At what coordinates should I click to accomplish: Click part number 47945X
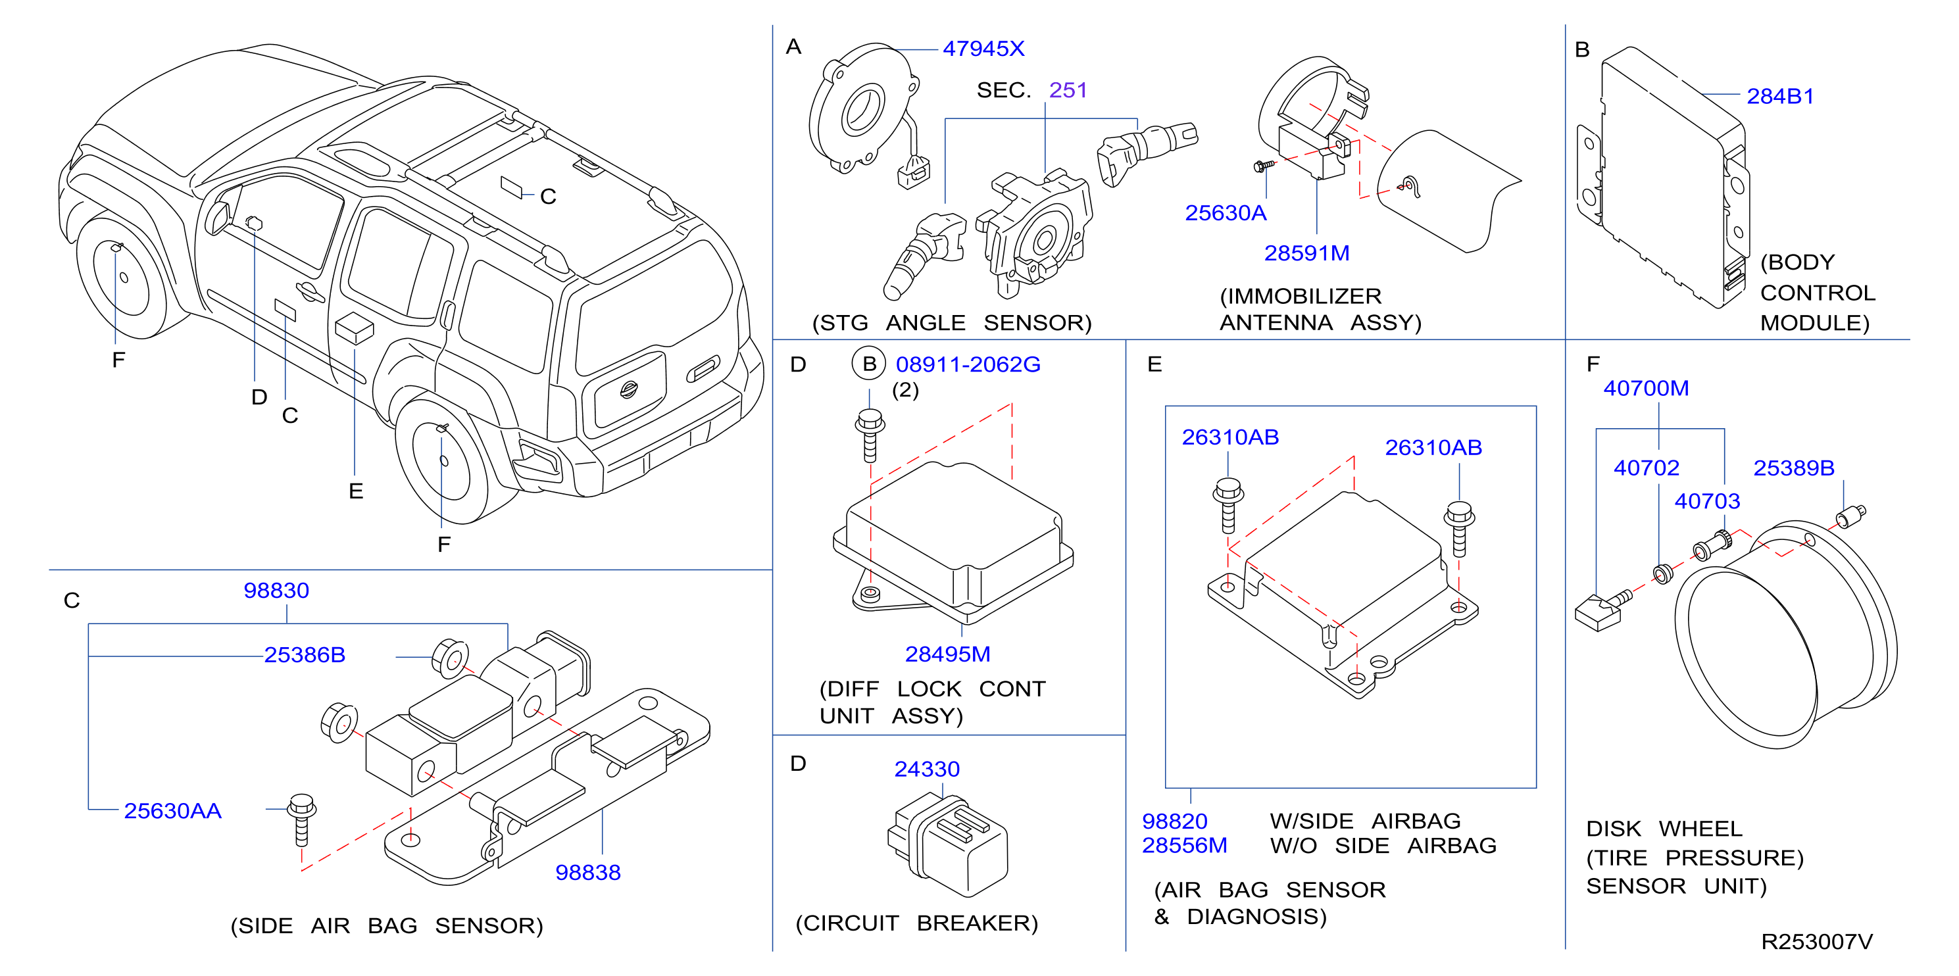(x=983, y=49)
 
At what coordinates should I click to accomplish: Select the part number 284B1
(x=1779, y=97)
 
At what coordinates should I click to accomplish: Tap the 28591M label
(x=1306, y=253)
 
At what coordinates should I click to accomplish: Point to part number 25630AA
(x=172, y=810)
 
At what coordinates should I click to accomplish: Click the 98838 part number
(x=588, y=872)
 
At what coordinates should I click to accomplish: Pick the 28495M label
(x=947, y=654)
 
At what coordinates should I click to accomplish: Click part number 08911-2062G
(x=968, y=364)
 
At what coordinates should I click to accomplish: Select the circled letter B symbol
(x=869, y=364)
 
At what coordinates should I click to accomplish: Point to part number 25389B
(x=1794, y=468)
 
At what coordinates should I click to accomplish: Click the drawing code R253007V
(x=1817, y=942)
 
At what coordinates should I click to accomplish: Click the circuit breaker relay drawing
(x=947, y=844)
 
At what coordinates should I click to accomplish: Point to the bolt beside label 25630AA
(x=302, y=820)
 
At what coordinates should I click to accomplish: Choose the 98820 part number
(x=1175, y=821)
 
